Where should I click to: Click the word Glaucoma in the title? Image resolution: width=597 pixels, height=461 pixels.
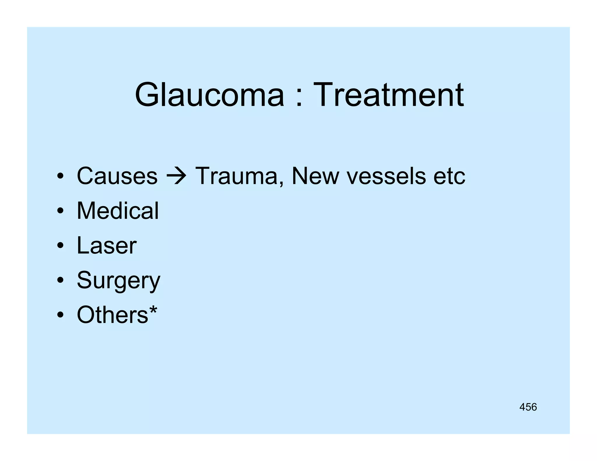209,95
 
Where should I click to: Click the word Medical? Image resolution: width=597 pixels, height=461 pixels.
118,210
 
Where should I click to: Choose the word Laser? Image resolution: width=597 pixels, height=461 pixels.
106,245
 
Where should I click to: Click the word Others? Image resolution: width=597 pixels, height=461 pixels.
113,315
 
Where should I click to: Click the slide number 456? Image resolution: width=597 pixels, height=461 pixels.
528,407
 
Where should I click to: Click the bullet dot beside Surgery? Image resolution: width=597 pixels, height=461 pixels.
60,280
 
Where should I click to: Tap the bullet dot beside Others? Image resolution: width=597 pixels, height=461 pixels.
60,315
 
